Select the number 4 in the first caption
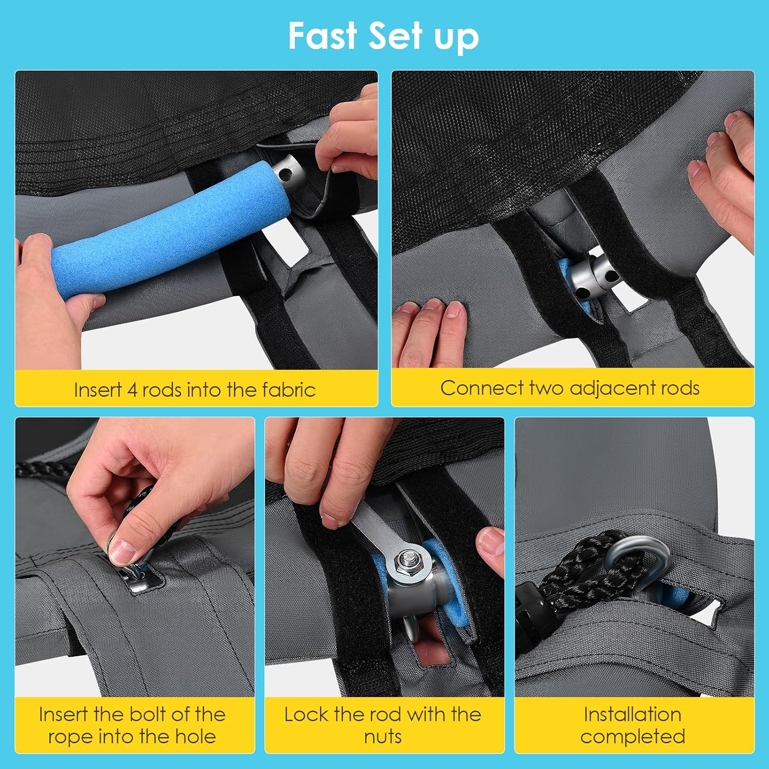pos(132,390)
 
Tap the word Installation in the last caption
pos(632,714)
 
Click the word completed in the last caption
pos(633,737)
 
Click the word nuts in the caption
pos(383,737)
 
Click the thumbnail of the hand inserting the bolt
pos(135,557)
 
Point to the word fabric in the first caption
pos(289,390)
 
